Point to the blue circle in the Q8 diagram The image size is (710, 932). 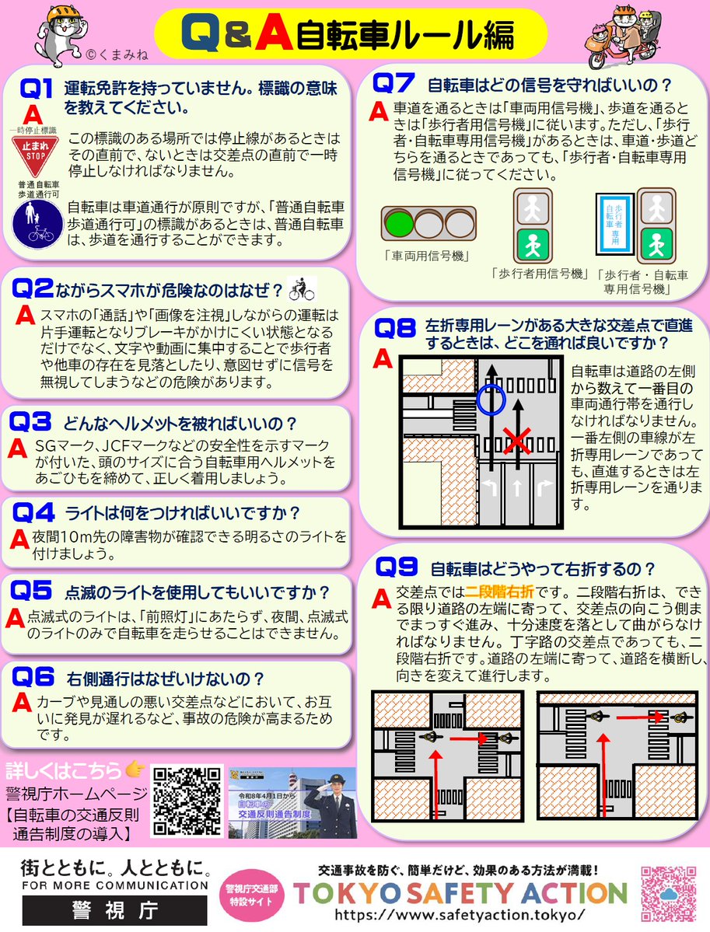point(491,400)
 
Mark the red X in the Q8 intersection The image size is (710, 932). point(516,442)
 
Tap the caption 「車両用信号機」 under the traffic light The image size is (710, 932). point(421,254)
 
